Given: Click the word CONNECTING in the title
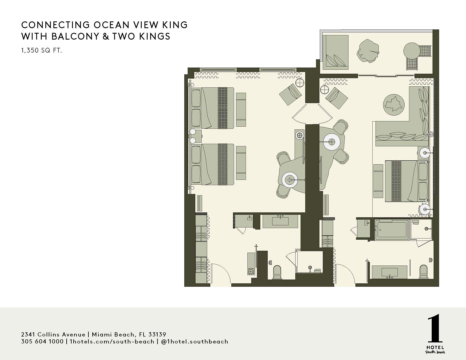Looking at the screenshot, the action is [55, 25].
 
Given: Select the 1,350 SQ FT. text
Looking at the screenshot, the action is [41, 51].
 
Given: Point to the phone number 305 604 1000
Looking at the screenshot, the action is [42, 341].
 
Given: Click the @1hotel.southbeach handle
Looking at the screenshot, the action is [195, 341].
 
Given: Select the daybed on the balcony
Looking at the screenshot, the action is [336, 52].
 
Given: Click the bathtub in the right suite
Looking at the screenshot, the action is [392, 229].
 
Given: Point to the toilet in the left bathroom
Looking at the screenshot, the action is [277, 272].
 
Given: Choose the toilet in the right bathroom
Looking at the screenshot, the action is [423, 272].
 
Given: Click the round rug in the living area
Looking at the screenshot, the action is [394, 105].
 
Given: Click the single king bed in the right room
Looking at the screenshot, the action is [407, 181].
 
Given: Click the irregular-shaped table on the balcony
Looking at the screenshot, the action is [368, 51].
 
